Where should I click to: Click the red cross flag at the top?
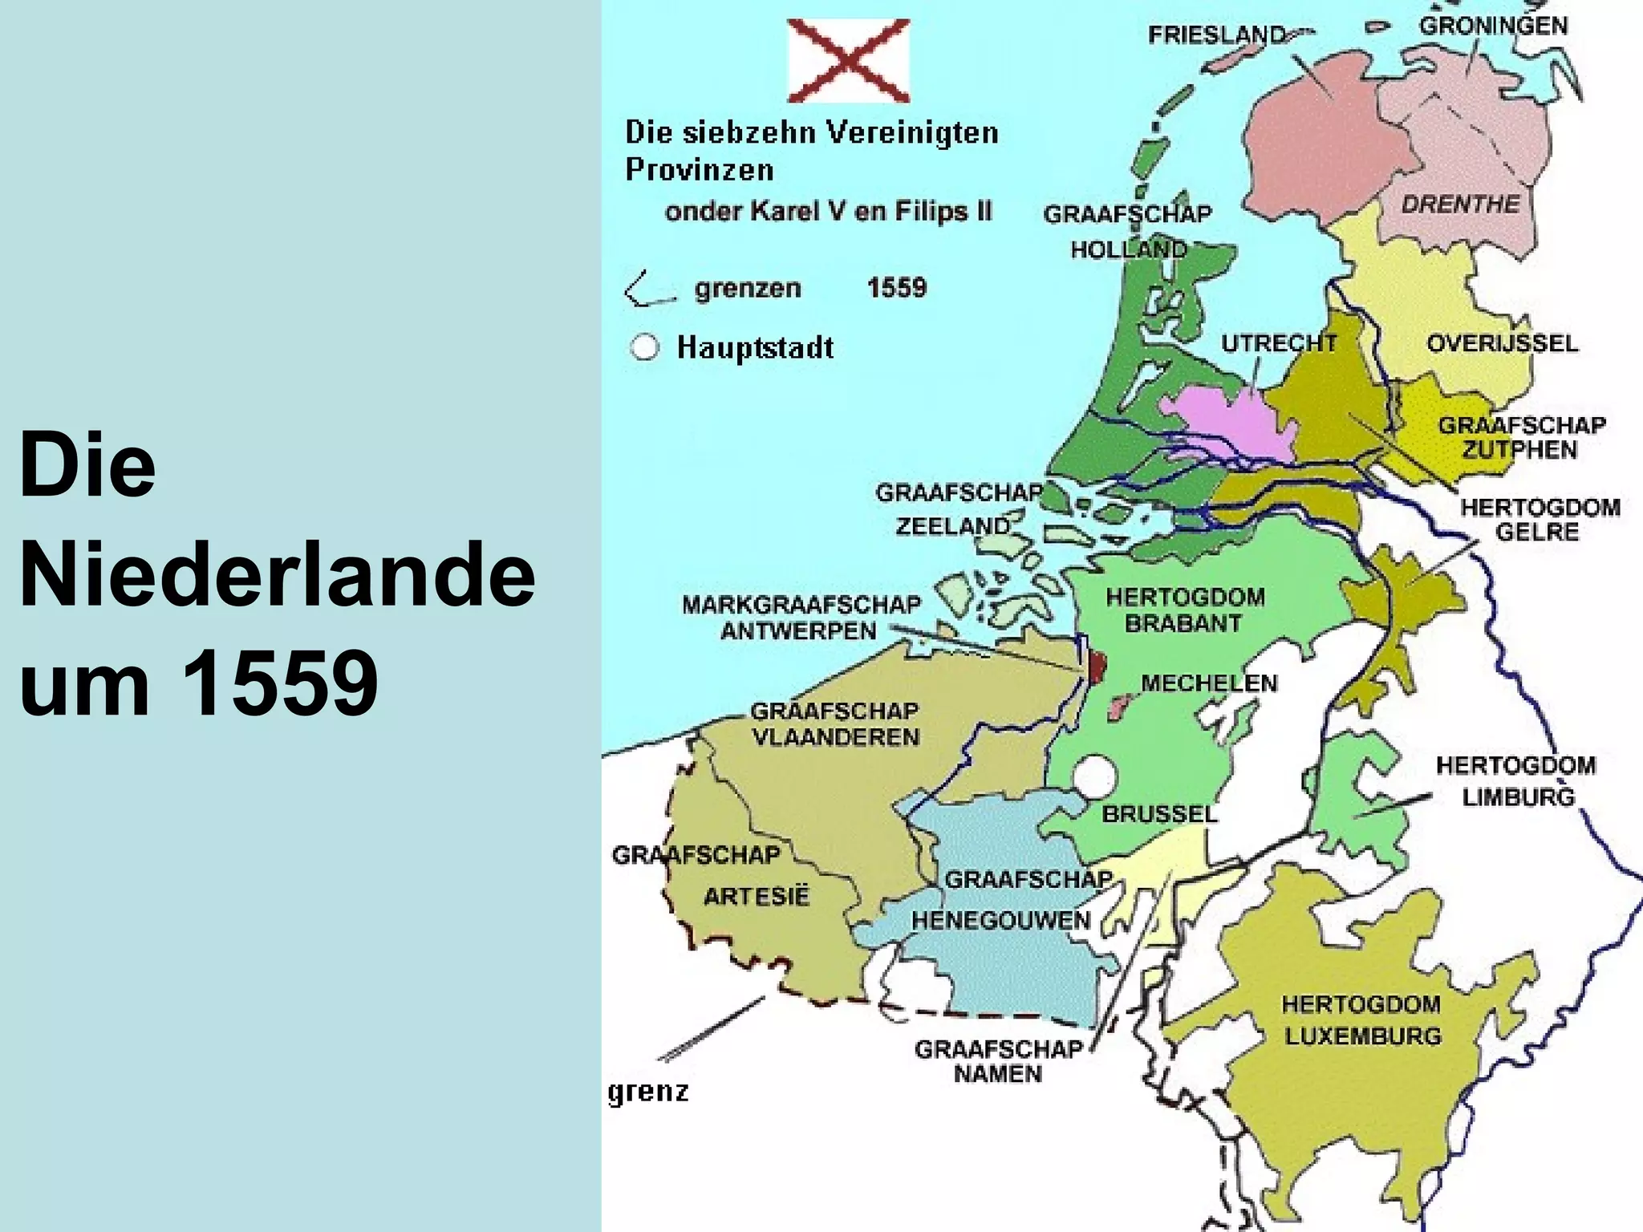pyautogui.click(x=849, y=61)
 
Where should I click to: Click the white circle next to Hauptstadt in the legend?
pyautogui.click(x=644, y=347)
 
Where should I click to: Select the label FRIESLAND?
pyautogui.click(x=1216, y=35)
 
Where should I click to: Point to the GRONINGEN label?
pyautogui.click(x=1493, y=26)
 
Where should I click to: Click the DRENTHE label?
pyautogui.click(x=1460, y=205)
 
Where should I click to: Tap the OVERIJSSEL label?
pyautogui.click(x=1502, y=343)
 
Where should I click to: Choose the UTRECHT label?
pyautogui.click(x=1279, y=343)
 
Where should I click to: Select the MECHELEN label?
pyautogui.click(x=1209, y=683)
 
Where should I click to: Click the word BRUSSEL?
pyautogui.click(x=1159, y=814)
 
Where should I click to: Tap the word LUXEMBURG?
pyautogui.click(x=1363, y=1035)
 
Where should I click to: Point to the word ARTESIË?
pyautogui.click(x=757, y=896)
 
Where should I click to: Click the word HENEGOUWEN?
pyautogui.click(x=1000, y=920)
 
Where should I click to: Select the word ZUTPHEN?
pyautogui.click(x=1519, y=449)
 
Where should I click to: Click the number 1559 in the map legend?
pyautogui.click(x=896, y=288)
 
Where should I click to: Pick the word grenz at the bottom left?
pyautogui.click(x=648, y=1092)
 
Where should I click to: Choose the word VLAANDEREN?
pyautogui.click(x=835, y=737)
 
